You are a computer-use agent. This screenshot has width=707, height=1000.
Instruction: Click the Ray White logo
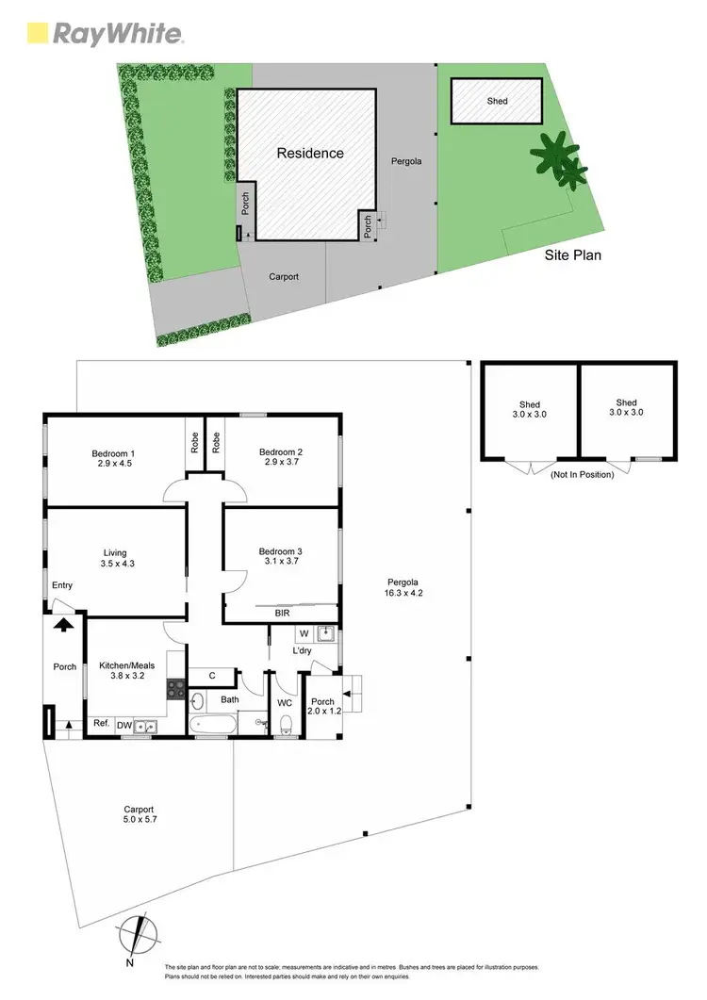(105, 34)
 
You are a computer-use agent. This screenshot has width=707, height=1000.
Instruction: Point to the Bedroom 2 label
(282, 458)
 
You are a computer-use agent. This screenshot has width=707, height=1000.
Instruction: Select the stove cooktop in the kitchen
(173, 689)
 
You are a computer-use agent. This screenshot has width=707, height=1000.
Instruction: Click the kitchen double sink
(145, 726)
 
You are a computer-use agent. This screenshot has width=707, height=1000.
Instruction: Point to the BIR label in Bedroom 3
(282, 613)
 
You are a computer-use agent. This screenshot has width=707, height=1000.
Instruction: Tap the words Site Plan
(572, 254)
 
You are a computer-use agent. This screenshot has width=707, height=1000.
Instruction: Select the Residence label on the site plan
(310, 153)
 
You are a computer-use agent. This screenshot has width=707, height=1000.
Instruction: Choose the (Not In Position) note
(582, 474)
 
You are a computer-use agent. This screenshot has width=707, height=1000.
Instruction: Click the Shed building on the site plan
(497, 101)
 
